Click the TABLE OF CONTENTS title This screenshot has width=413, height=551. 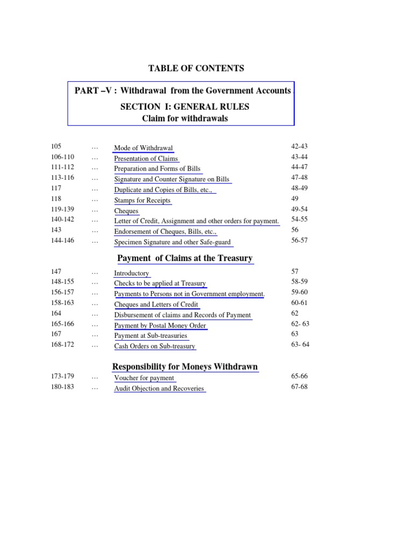(196, 68)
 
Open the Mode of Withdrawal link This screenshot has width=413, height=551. (143, 148)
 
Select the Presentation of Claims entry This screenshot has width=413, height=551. (146, 158)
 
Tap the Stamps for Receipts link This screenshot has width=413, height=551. (142, 200)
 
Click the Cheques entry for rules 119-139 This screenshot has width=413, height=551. (126, 211)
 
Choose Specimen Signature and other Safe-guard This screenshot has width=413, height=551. (172, 242)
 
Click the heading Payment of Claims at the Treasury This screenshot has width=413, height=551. (184, 258)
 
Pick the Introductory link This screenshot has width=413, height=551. (131, 273)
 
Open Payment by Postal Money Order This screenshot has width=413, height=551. (160, 326)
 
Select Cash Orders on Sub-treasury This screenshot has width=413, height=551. (154, 347)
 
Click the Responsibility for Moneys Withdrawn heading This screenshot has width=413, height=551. (185, 367)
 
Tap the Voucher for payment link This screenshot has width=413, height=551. (144, 378)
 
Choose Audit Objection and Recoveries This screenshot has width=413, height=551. (159, 388)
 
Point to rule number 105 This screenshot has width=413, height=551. (56, 146)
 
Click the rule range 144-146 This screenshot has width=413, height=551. (63, 241)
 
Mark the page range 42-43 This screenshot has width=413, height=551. (299, 146)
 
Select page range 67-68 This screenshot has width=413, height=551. (299, 387)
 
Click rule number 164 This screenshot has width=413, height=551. (56, 313)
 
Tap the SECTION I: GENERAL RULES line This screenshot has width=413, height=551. (184, 107)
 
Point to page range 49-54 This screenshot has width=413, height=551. (299, 209)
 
